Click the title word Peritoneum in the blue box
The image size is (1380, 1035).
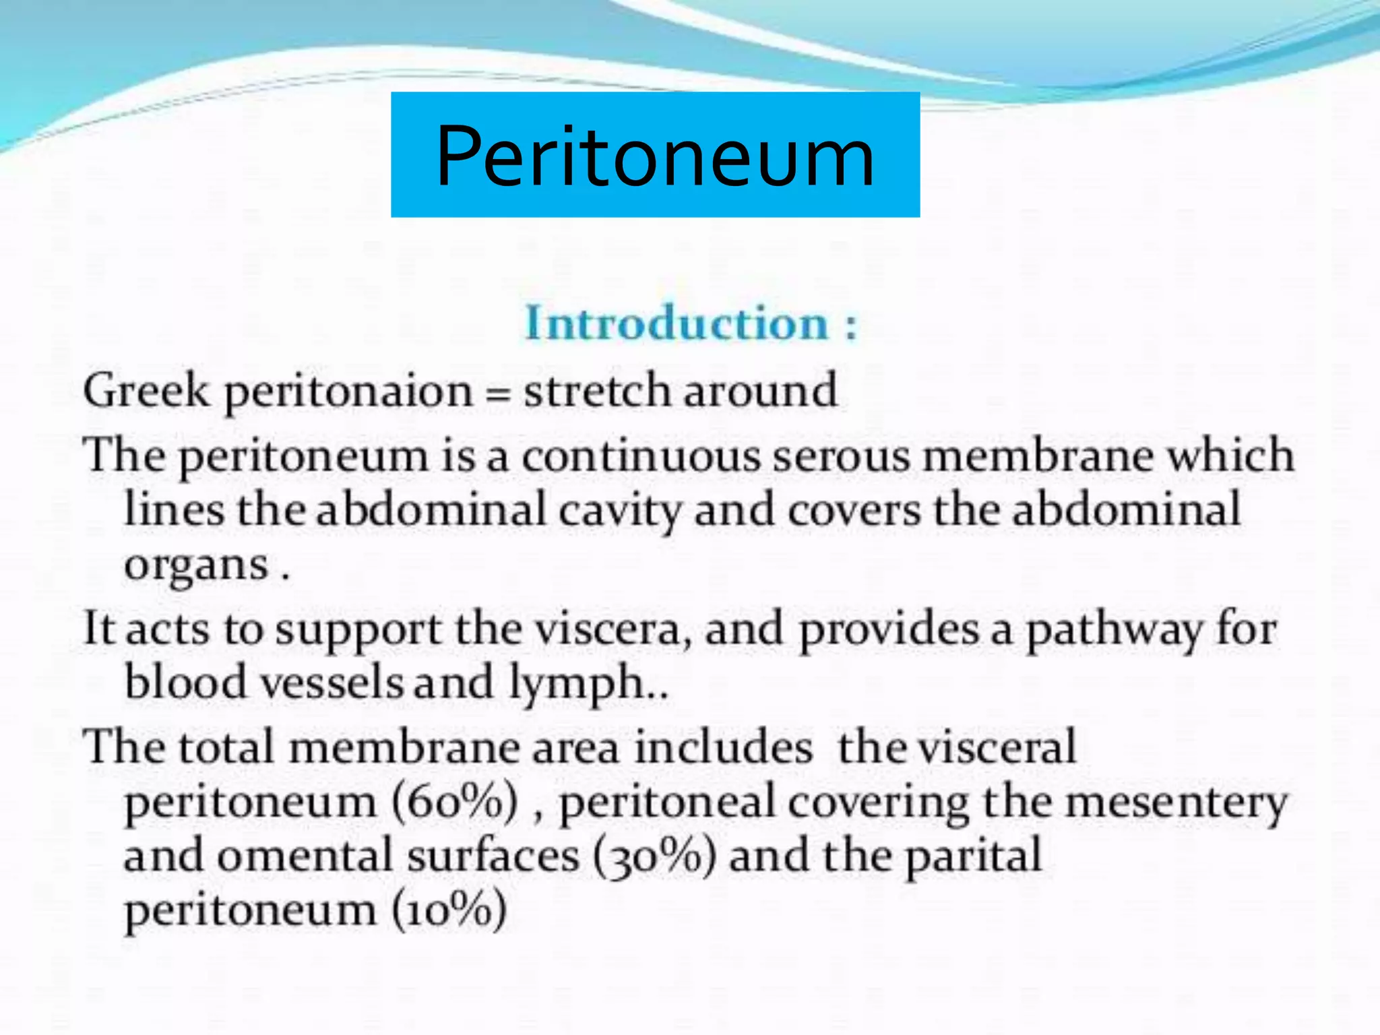655,156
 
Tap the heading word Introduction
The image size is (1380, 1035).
676,323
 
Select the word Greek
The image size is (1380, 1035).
146,391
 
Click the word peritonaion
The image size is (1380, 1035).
349,393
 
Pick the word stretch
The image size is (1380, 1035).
597,391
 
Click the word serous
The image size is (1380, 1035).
842,456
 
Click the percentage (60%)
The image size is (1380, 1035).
456,802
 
